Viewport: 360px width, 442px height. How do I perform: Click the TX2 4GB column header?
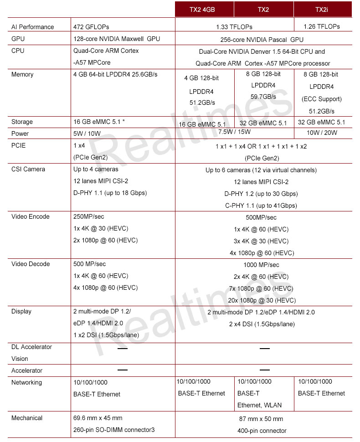[205, 9]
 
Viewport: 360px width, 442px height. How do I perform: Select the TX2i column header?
[323, 9]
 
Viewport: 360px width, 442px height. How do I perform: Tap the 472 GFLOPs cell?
[91, 27]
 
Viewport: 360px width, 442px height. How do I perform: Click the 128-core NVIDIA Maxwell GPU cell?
[117, 39]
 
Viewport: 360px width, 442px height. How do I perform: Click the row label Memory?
[22, 74]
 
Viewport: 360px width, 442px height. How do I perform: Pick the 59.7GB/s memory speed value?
[263, 97]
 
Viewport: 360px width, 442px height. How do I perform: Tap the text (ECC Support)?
[322, 99]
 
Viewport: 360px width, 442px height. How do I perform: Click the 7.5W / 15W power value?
[235, 132]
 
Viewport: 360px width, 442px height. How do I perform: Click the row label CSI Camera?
[28, 169]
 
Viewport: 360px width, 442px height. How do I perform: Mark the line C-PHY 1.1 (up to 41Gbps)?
[261, 206]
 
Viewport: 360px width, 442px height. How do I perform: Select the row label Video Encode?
[31, 216]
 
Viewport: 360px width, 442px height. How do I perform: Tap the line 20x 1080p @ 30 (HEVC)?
[262, 300]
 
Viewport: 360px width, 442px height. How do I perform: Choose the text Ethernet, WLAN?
[259, 405]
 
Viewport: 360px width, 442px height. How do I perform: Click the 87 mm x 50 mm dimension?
[261, 419]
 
